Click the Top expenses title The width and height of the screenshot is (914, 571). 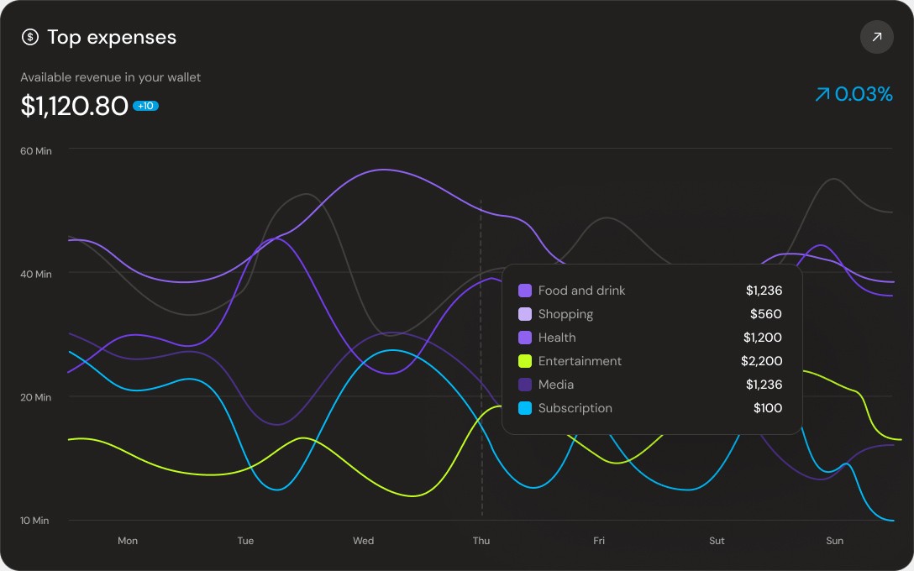tap(112, 37)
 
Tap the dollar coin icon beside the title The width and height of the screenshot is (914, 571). tap(30, 37)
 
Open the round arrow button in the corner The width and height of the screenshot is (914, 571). tap(876, 37)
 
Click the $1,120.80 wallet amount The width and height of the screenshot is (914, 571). tap(74, 106)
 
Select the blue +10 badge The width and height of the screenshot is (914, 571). tap(145, 106)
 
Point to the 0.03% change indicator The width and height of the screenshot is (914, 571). tap(853, 94)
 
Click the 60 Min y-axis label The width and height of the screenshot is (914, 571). tap(36, 150)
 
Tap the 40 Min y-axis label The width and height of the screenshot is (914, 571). tap(36, 274)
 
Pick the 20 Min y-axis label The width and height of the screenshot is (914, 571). tap(36, 397)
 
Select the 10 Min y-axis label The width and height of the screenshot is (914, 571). tap(36, 521)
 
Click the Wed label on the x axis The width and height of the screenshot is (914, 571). tap(364, 541)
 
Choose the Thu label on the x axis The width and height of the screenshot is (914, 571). tap(481, 541)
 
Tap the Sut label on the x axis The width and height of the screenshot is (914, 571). tap(717, 541)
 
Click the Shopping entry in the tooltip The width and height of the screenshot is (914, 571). tap(565, 314)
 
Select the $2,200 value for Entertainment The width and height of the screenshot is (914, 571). tap(762, 361)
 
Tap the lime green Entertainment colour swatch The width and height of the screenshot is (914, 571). tap(525, 361)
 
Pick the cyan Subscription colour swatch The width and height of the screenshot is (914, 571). tap(525, 408)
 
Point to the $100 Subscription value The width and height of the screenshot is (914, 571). tap(768, 408)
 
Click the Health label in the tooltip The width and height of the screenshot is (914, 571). tap(557, 338)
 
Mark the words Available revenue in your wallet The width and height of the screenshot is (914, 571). tap(111, 77)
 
